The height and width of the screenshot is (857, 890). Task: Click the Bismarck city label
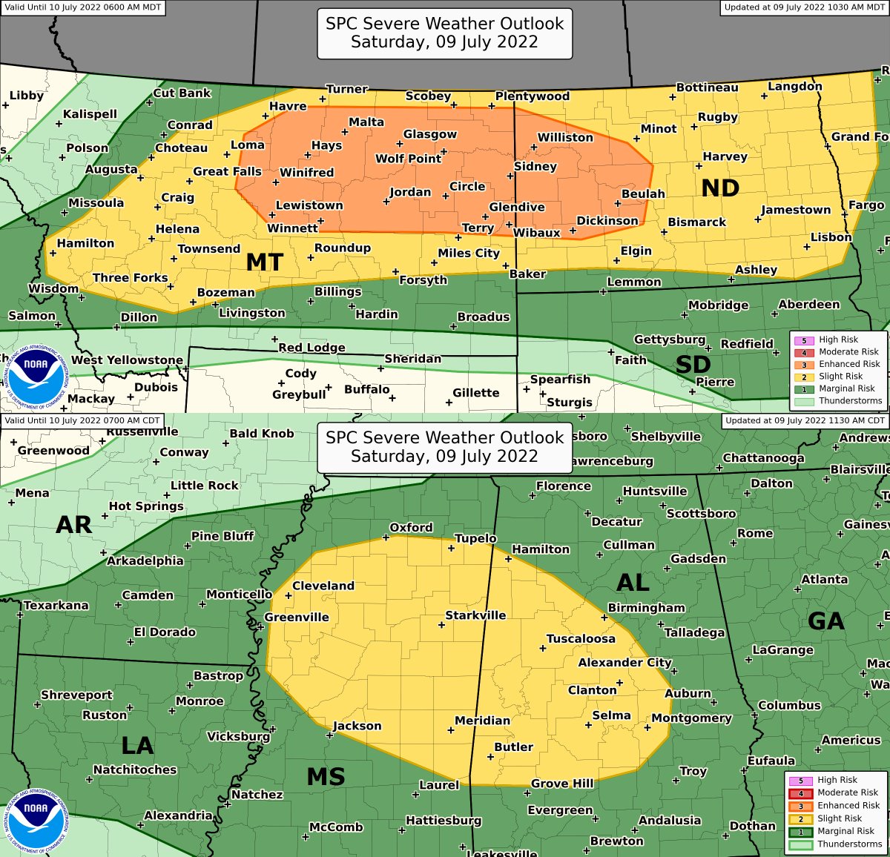[x=696, y=222]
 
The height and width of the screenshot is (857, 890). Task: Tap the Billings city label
[x=337, y=291]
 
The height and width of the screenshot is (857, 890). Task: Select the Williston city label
[x=565, y=137]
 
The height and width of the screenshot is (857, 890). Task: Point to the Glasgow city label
[x=429, y=134]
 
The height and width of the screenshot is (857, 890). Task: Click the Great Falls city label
[x=227, y=171]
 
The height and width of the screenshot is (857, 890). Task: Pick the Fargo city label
[x=866, y=205]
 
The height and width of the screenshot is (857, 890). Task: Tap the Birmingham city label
[x=646, y=608]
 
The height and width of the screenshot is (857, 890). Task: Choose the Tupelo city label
[x=475, y=538]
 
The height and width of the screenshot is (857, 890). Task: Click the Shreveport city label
[x=76, y=695]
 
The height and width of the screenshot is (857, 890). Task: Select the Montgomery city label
[x=691, y=718]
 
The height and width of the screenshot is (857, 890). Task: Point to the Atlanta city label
[x=824, y=579]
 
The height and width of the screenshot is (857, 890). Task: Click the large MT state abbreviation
[x=265, y=262]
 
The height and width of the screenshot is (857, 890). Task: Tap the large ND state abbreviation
[x=720, y=188]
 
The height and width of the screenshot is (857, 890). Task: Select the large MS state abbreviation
[x=326, y=777]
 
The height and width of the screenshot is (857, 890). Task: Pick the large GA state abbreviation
[x=825, y=621]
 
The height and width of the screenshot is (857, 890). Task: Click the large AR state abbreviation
[x=74, y=525]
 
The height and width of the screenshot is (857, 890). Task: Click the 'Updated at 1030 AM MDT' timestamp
[x=805, y=7]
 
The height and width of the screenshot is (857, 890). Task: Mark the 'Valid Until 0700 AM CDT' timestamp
[x=82, y=420]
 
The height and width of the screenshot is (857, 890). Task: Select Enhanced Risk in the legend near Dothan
[x=848, y=805]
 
